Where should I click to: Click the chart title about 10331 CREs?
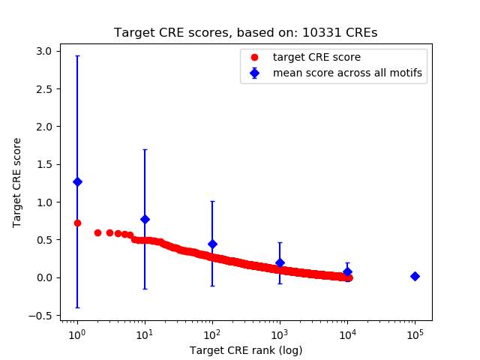245,33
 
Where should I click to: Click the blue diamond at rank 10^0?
77,181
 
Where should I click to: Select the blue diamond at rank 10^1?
145,219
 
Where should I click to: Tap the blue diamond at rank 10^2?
212,244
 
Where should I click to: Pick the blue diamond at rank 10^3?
280,262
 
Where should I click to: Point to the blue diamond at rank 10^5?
415,276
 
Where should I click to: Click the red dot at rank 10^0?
77,223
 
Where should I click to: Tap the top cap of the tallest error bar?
77,55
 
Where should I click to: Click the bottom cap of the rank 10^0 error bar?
77,307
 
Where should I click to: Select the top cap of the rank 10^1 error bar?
145,149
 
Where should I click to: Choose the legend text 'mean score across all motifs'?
347,73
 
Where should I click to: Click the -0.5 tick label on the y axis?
43,316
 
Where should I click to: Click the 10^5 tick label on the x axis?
415,333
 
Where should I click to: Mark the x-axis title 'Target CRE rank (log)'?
245,350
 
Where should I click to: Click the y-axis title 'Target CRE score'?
17,182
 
